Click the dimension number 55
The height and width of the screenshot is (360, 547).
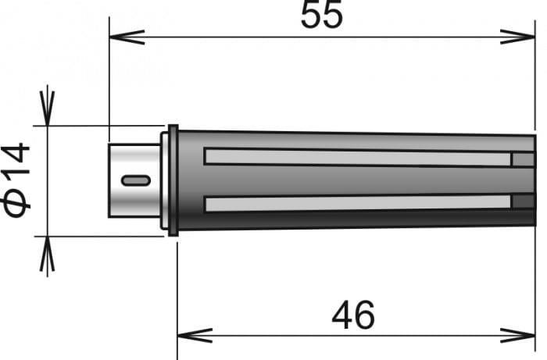click(322, 15)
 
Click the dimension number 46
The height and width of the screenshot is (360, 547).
click(353, 315)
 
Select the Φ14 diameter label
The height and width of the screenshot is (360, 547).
click(16, 180)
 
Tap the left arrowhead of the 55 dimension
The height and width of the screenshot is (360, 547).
click(127, 37)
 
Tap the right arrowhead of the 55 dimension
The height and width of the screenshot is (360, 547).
click(517, 37)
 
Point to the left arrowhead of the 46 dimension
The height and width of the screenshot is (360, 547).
click(195, 336)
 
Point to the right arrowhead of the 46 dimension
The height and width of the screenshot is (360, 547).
click(517, 336)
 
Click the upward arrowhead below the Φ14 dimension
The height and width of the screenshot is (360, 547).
click(47, 254)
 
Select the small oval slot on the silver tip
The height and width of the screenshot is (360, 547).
click(136, 180)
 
